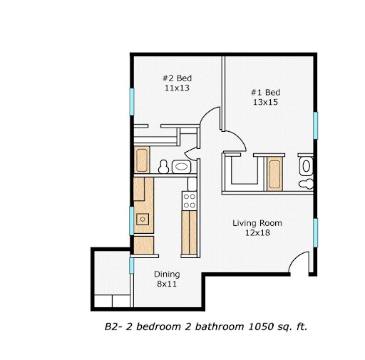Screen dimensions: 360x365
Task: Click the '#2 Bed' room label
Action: click(178, 78)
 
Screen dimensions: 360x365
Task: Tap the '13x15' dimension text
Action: click(264, 103)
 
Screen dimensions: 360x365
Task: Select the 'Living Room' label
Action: click(257, 223)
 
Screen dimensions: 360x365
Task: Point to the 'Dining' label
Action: click(167, 274)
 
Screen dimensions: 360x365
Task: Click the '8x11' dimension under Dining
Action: click(167, 284)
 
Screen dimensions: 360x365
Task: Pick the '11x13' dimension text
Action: click(178, 88)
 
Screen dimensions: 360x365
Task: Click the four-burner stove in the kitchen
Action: click(190, 200)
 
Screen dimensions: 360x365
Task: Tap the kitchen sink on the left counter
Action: click(143, 219)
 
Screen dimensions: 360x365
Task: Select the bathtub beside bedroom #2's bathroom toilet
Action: click(141, 160)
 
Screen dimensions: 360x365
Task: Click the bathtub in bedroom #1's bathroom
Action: click(274, 175)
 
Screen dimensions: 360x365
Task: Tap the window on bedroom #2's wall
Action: click(130, 101)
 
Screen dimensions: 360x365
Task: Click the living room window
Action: click(315, 232)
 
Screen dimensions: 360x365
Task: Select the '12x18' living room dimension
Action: click(257, 233)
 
